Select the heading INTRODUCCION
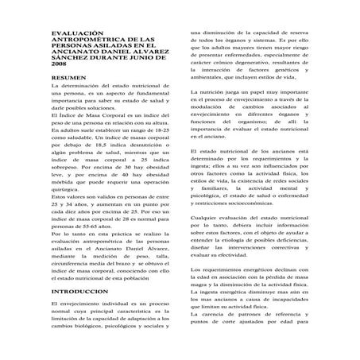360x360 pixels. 80,292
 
